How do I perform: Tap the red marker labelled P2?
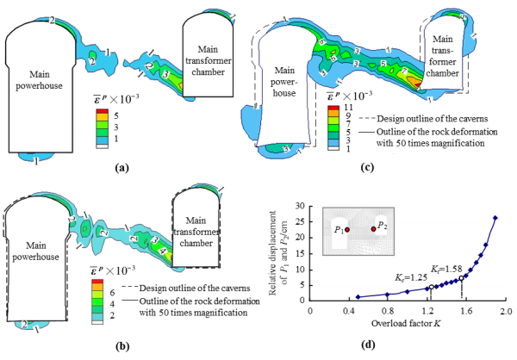(x=373, y=228)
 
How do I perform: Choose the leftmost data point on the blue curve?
(x=358, y=297)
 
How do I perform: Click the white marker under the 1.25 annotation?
(x=433, y=287)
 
